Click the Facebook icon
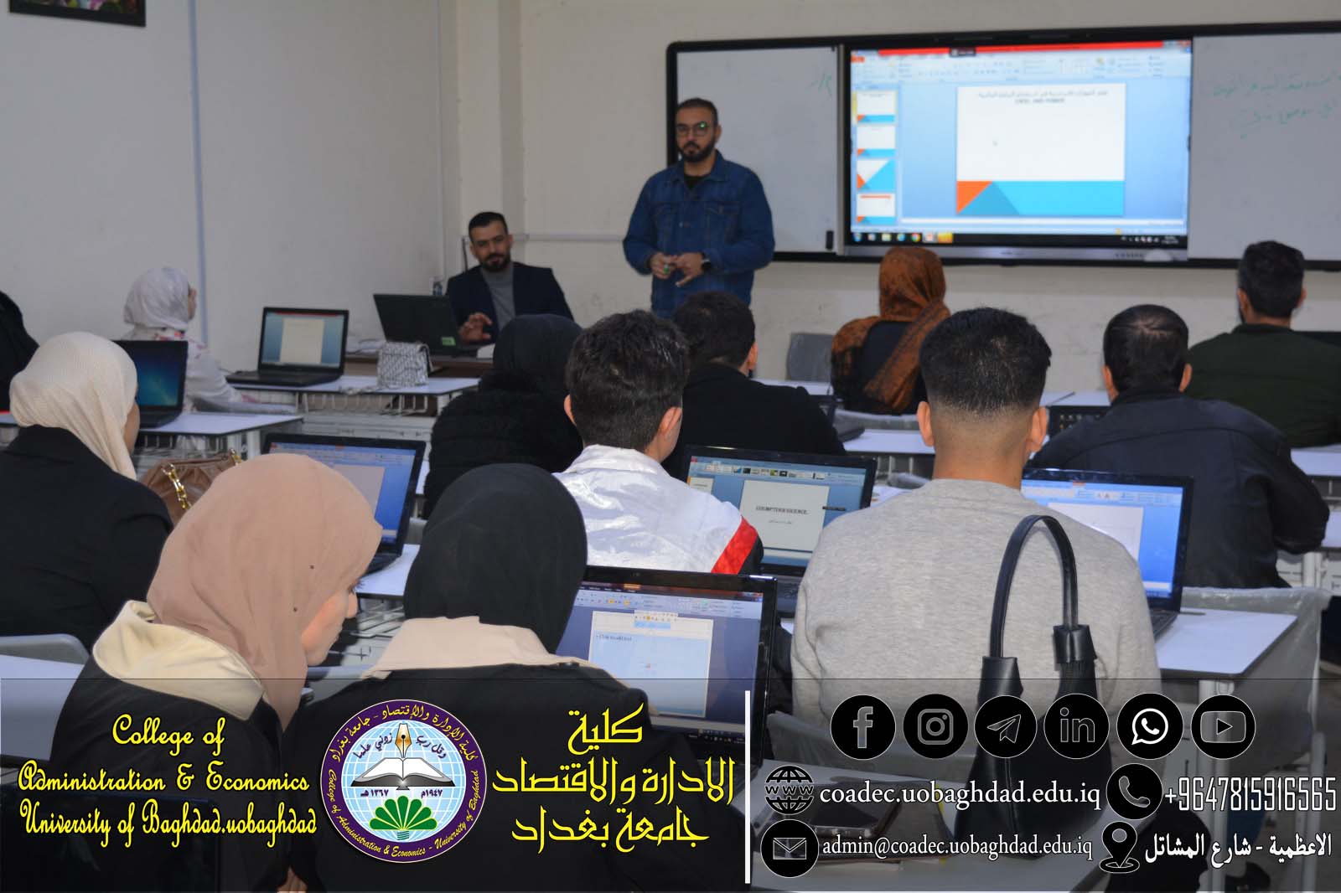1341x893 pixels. tap(862, 726)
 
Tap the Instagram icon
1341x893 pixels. tap(935, 726)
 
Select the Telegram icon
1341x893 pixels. tap(1005, 726)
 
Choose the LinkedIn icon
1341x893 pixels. tap(1077, 726)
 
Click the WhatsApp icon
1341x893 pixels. tap(1149, 726)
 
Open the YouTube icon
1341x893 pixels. tap(1223, 726)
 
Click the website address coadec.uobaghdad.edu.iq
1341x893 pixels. tap(959, 792)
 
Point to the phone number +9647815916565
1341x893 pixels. tap(1250, 794)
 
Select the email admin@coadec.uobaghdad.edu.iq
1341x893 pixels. tap(956, 847)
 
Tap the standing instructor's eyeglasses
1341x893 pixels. tap(694, 129)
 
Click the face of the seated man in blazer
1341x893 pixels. tap(488, 244)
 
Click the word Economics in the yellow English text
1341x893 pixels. tap(257, 780)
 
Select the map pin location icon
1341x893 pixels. tap(1119, 846)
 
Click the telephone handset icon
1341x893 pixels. tap(1133, 791)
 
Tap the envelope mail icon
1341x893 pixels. tap(789, 848)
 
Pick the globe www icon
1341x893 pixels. tap(789, 791)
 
